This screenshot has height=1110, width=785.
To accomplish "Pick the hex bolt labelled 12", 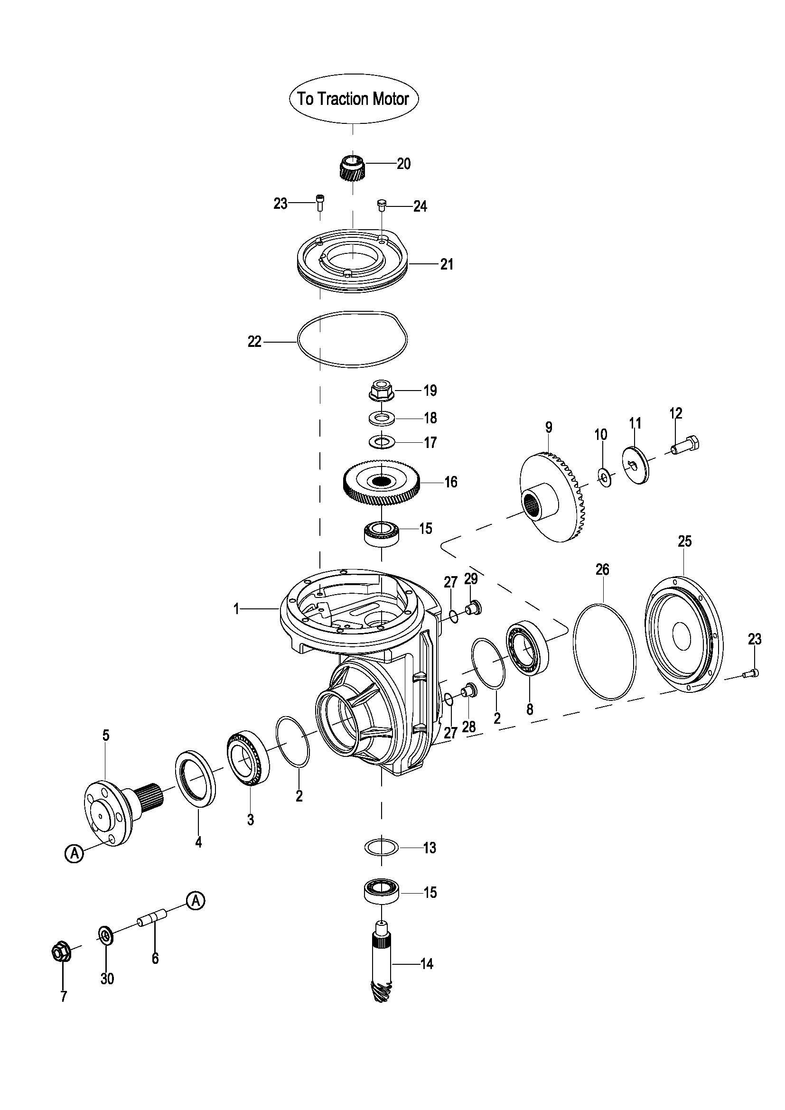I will pos(686,445).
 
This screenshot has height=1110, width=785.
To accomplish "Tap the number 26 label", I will pos(602,569).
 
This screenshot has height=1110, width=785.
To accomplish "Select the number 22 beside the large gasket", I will pos(254,342).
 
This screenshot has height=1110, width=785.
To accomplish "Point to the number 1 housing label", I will pos(236,610).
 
